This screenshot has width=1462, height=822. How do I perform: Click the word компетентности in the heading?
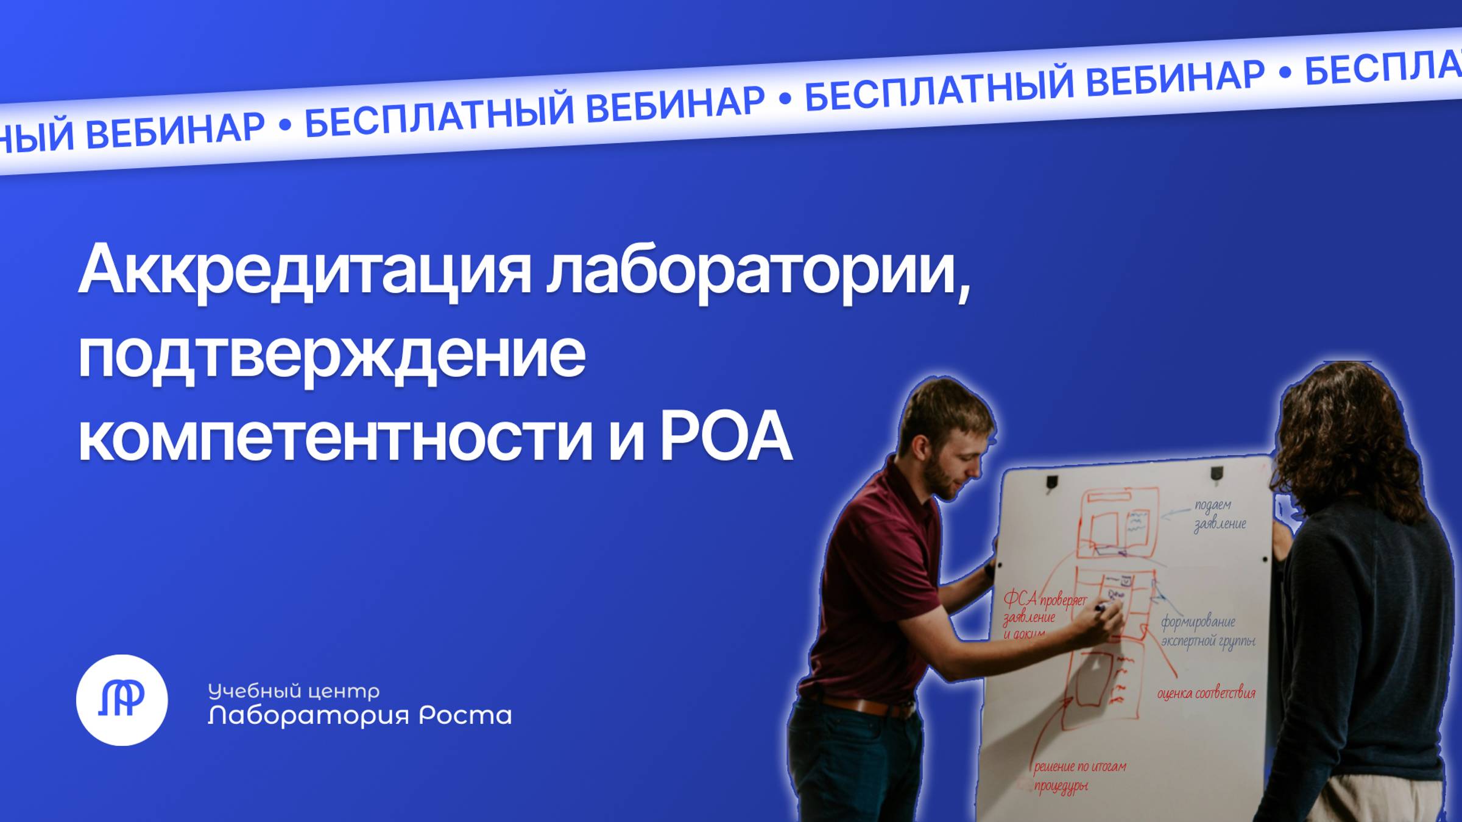click(335, 437)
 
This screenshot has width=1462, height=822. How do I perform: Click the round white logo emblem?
click(122, 700)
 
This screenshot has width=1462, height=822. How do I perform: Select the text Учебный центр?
click(294, 690)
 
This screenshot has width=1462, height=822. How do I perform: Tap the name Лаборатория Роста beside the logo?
click(359, 715)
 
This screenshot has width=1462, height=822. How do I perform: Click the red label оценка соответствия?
click(1206, 694)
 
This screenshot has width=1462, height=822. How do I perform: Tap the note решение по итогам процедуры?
click(1078, 776)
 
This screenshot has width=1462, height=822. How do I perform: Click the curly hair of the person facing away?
click(1358, 426)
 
